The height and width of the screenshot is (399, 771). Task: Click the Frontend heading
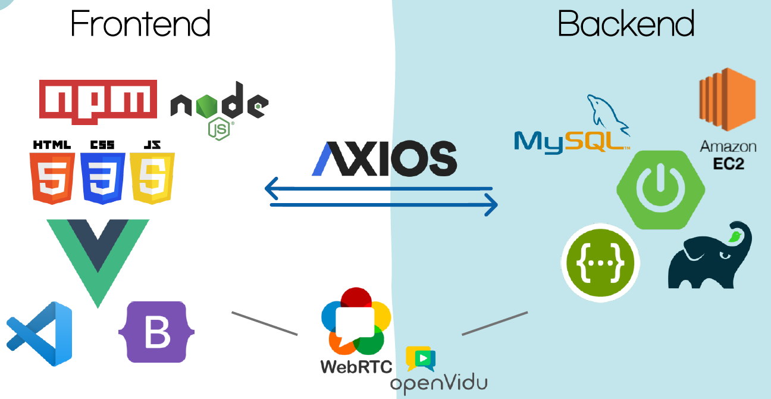pos(140,24)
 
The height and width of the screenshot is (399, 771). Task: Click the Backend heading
pos(626,24)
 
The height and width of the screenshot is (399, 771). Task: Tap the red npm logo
pos(98,102)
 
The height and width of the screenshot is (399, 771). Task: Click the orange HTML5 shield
pos(52,177)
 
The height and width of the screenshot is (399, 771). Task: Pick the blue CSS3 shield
pos(102,177)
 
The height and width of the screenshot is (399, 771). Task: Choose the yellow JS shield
pos(152,177)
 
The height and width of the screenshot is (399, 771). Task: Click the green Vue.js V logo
pos(98,256)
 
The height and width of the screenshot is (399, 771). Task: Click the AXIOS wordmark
pos(384,158)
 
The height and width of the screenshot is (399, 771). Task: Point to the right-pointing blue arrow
pos(384,206)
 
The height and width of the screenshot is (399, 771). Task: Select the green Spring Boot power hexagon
pos(660,189)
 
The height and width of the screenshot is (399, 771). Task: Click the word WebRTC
pos(356,366)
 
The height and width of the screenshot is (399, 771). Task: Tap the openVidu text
pos(439,384)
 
